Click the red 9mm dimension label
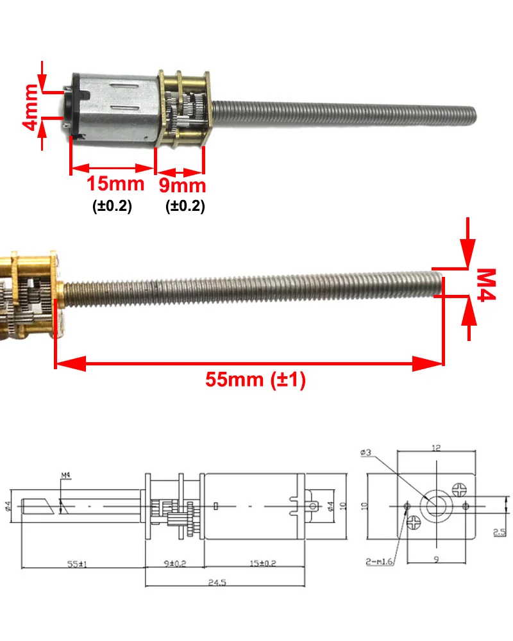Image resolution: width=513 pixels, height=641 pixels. (183, 186)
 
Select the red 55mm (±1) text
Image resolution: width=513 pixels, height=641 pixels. (255, 379)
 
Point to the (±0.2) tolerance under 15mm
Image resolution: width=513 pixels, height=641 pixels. (112, 207)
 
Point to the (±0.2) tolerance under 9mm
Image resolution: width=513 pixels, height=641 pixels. (185, 207)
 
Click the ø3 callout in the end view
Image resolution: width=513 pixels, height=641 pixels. (367, 453)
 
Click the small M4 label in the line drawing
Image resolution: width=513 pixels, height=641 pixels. (65, 475)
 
